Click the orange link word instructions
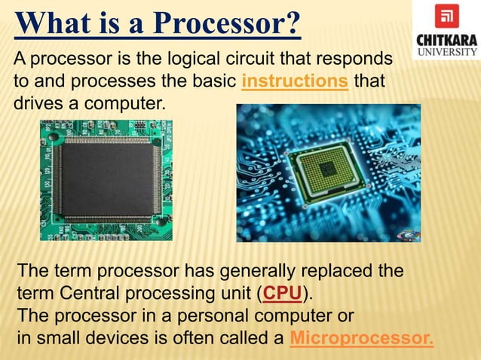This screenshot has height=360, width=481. (x=295, y=81)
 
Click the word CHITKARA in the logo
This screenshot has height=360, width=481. (x=446, y=39)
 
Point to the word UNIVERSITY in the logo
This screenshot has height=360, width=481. (x=446, y=52)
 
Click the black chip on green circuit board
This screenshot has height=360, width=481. (x=105, y=178)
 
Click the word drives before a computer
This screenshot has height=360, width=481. (x=35, y=102)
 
